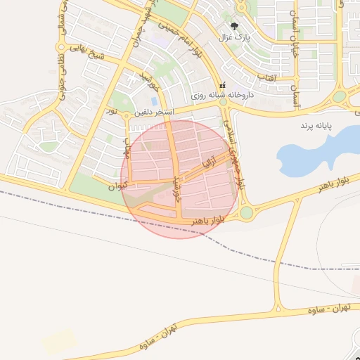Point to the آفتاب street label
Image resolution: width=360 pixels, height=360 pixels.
tap(266, 75)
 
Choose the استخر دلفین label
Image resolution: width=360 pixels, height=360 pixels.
tap(154, 112)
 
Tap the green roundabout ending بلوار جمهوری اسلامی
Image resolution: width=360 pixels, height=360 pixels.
tap(246, 212)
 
